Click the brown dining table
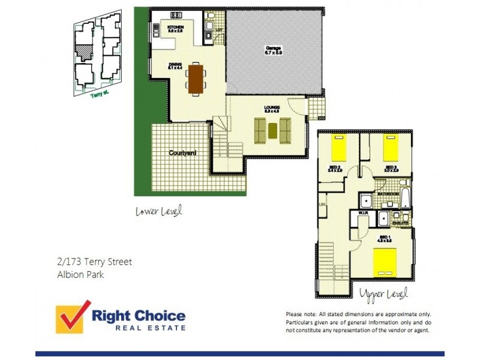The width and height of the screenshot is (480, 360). pyautogui.click(x=196, y=79)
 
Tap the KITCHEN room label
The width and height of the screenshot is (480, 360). pyautogui.click(x=175, y=28)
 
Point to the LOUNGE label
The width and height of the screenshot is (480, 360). pyautogui.click(x=272, y=109)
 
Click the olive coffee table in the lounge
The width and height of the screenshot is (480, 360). pyautogui.click(x=272, y=130)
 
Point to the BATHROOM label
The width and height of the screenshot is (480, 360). pyautogui.click(x=389, y=194)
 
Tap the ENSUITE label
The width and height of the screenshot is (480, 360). pyautogui.click(x=401, y=223)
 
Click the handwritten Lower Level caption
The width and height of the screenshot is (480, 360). pyautogui.click(x=158, y=211)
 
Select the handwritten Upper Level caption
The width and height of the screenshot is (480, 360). pyautogui.click(x=383, y=294)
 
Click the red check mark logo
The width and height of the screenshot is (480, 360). pyautogui.click(x=72, y=316)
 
